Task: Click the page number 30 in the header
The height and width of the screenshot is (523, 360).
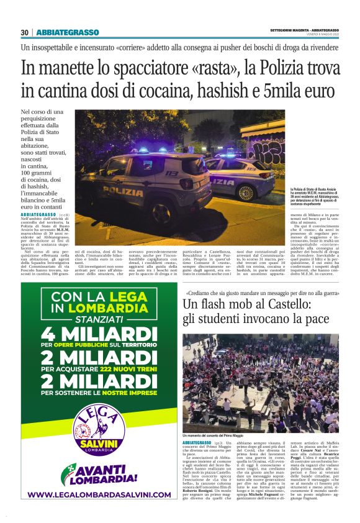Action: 25,32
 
